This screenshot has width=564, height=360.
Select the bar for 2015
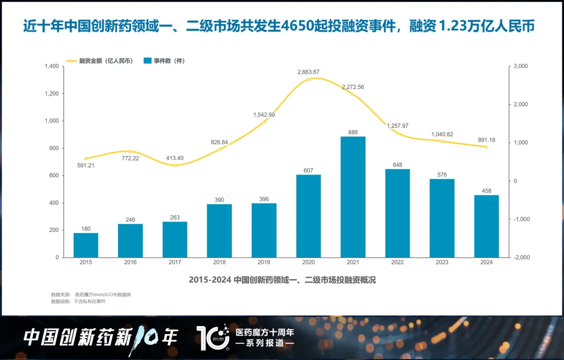click(86, 245)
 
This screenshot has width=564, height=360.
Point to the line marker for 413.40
click(175, 165)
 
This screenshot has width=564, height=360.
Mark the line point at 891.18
click(486, 147)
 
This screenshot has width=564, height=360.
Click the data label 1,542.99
click(264, 114)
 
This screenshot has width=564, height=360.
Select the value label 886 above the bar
click(353, 132)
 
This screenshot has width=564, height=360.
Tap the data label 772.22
click(131, 158)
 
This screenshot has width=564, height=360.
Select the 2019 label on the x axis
click(264, 262)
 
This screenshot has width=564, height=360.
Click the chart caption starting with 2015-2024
click(282, 280)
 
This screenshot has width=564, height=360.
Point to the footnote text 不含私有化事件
click(89, 301)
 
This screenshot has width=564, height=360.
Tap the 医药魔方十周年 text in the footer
click(265, 332)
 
